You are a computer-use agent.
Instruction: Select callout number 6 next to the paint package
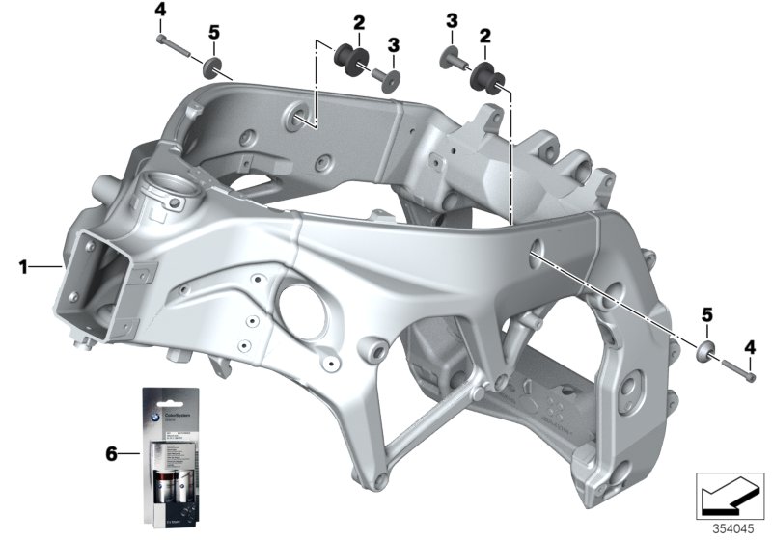[112, 451]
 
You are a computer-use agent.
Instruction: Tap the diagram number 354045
[735, 529]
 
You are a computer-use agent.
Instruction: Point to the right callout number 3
[451, 19]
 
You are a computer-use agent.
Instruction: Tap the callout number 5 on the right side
[706, 314]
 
